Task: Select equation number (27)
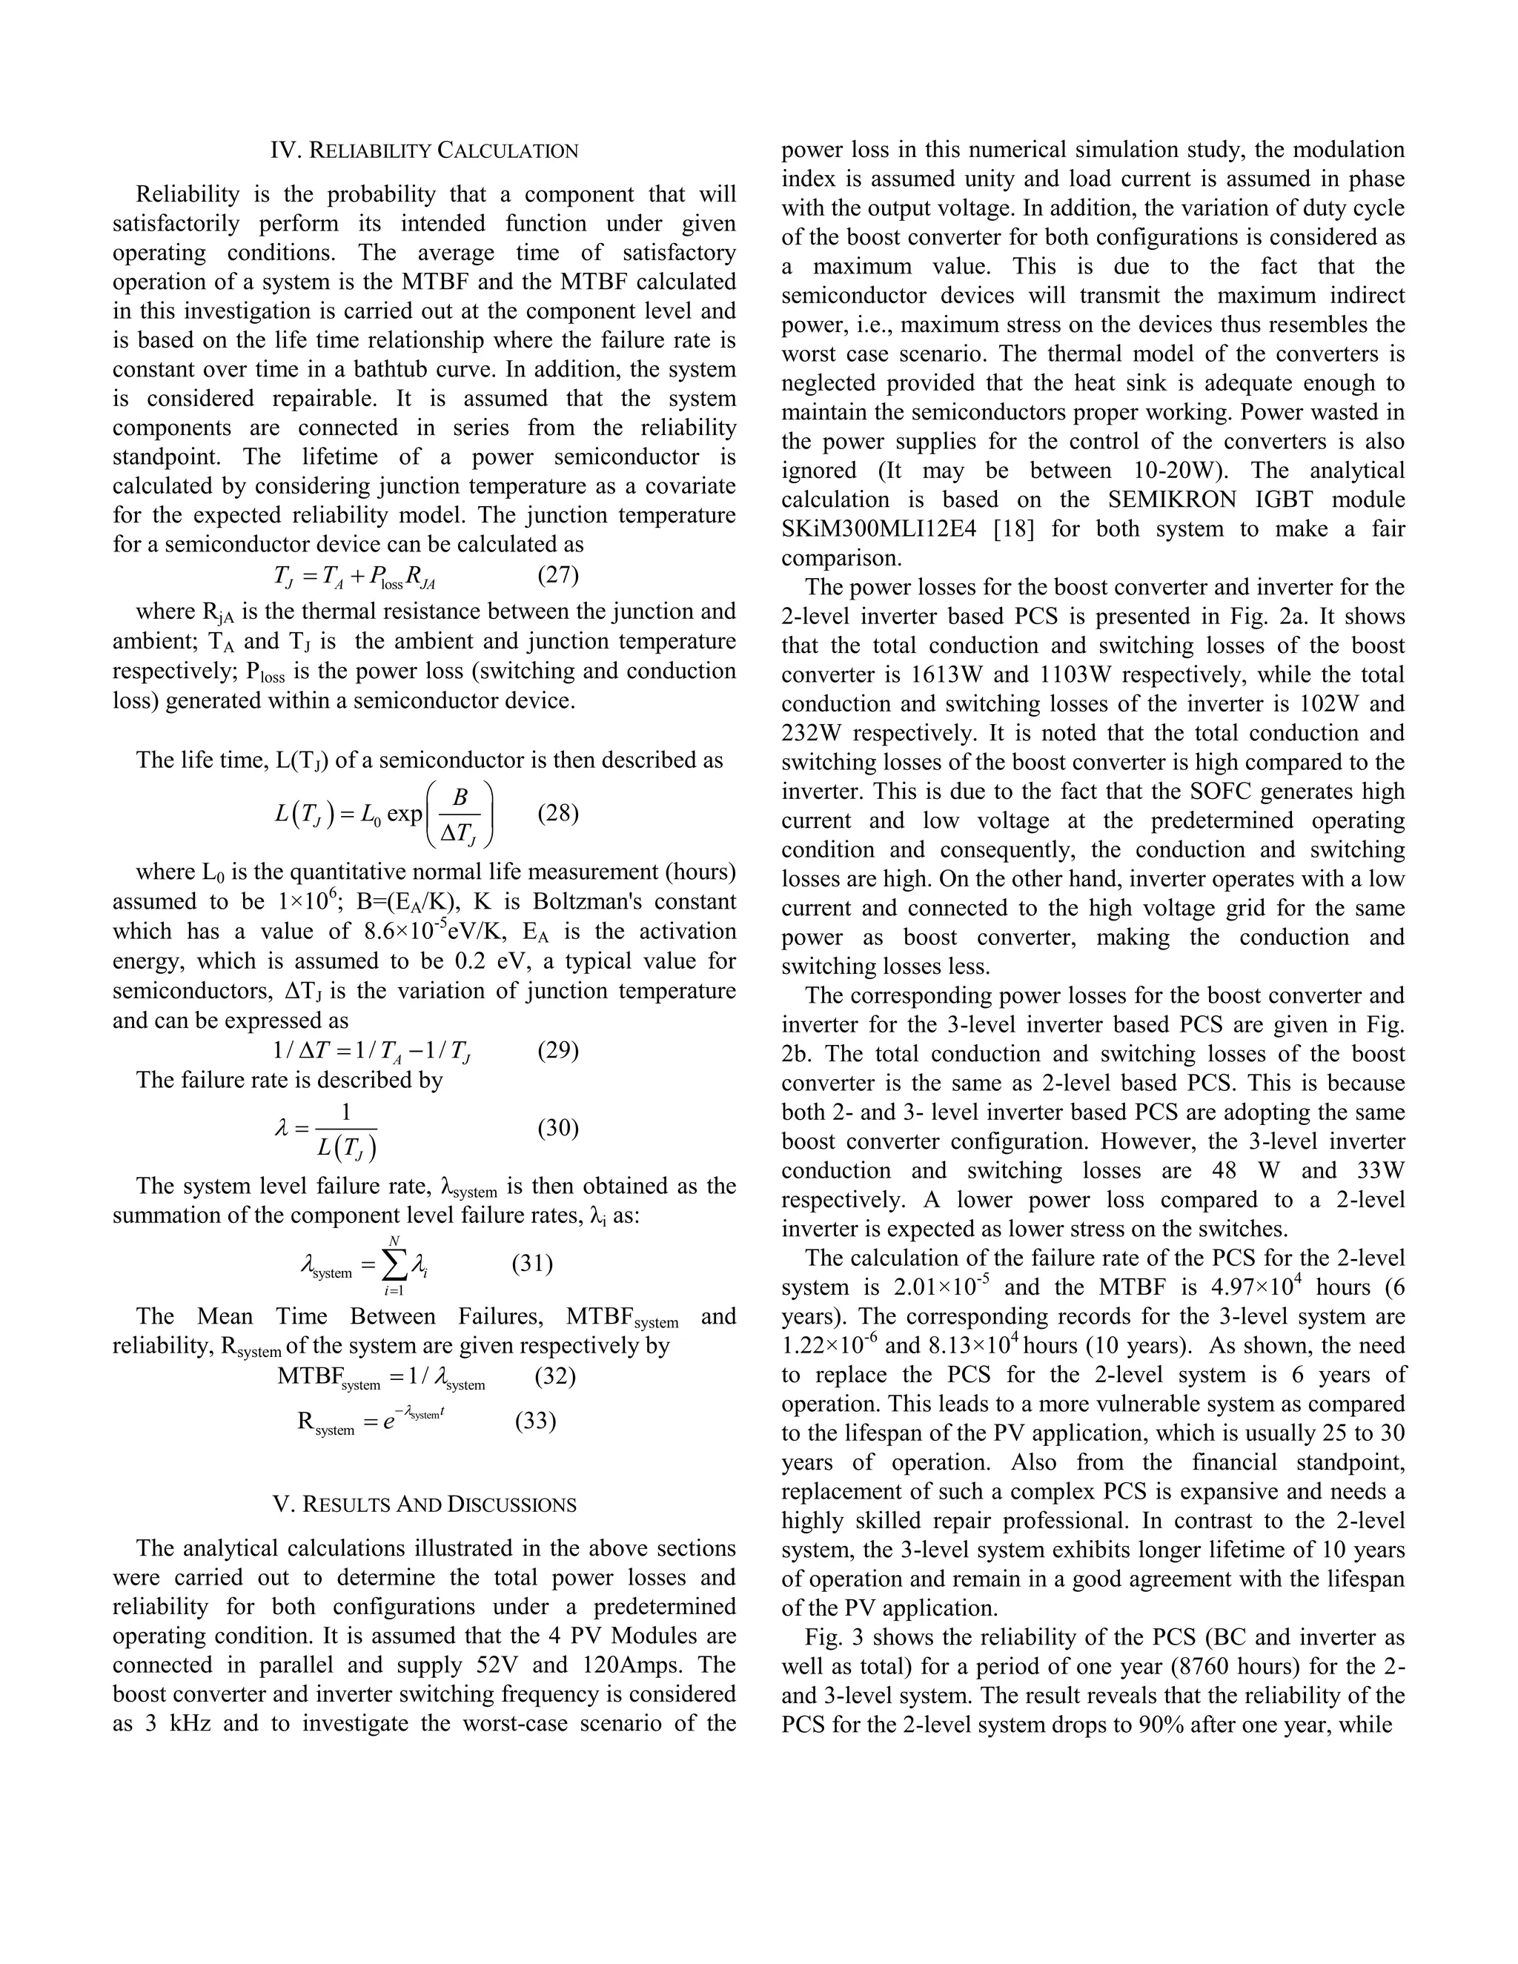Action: [557, 574]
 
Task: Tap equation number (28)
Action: [557, 813]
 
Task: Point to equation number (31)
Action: [532, 1264]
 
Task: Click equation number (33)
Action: [535, 1421]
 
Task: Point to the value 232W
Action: [815, 733]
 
